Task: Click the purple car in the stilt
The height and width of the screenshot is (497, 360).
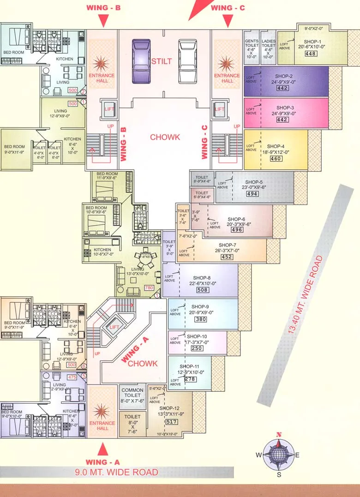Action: coord(141,61)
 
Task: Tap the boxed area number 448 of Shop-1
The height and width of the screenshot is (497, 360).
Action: coord(310,54)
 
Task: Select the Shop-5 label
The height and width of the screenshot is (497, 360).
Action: coord(254,182)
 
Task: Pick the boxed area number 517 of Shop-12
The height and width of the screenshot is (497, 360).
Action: coord(172,422)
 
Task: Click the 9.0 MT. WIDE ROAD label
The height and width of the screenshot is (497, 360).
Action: coord(117,472)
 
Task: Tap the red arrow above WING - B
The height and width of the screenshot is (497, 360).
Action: coord(103,21)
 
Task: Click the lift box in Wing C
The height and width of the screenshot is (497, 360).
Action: coord(220,109)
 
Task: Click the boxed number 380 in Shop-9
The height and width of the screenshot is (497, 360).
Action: coord(200,319)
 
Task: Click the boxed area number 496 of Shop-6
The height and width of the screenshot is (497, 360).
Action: coord(237,230)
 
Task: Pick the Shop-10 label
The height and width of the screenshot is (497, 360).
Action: coord(197,336)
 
